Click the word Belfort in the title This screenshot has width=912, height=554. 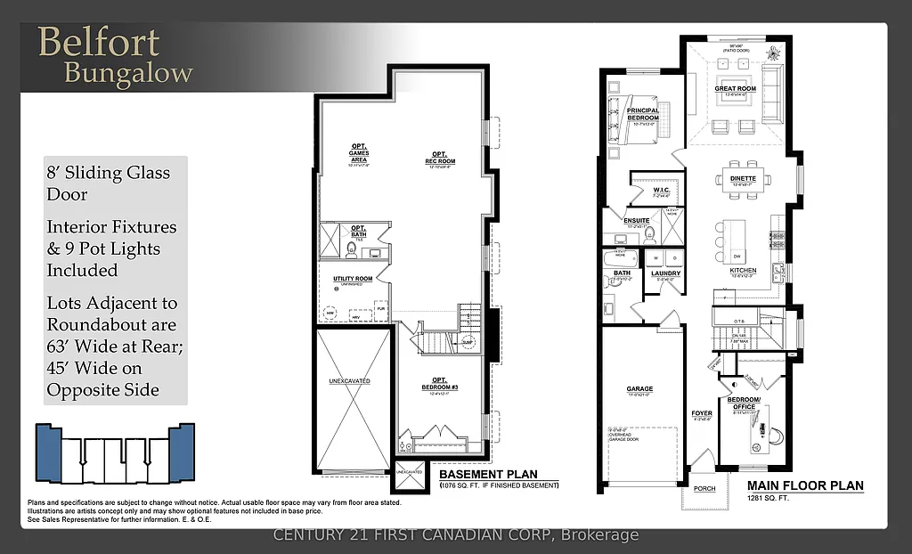[x=98, y=43]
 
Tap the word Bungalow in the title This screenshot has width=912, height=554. [x=127, y=73]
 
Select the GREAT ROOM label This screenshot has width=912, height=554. [x=735, y=89]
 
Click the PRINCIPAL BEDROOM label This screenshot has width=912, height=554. [x=642, y=114]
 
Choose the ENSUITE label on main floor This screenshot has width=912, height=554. [x=636, y=220]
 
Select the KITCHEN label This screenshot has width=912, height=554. [x=743, y=270]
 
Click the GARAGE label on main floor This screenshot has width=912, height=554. [x=639, y=389]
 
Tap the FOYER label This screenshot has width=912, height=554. [x=702, y=413]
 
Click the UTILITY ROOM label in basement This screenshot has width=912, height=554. [x=353, y=279]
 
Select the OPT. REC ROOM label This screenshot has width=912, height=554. [x=439, y=158]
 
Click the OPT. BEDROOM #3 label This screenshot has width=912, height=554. [x=439, y=384]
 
